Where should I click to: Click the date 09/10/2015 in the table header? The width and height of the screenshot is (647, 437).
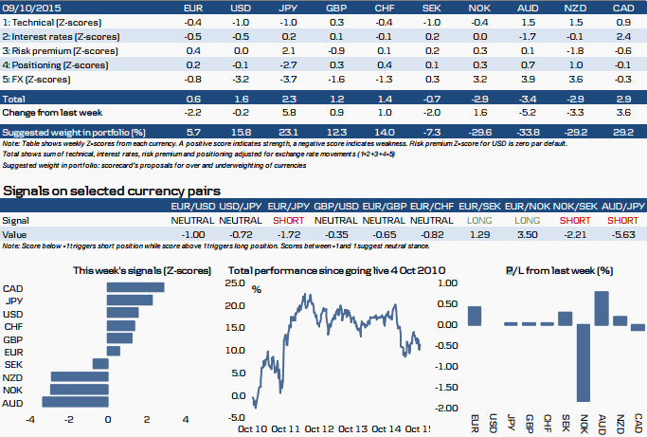pos(26,7)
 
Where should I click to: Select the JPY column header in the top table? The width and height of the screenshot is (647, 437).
pos(290,7)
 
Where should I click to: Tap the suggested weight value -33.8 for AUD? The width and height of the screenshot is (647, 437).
pos(529,130)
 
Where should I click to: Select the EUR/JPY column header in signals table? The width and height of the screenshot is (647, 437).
pos(290,206)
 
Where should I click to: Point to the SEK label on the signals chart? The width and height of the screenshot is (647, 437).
pos(14,364)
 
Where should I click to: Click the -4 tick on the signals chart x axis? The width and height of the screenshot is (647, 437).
pos(30,419)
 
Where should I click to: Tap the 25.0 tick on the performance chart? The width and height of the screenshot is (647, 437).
pos(236,283)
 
